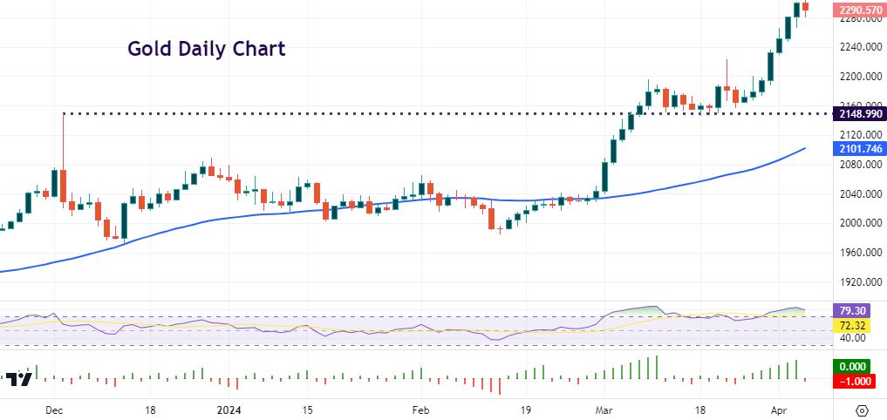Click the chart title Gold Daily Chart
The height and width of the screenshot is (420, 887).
(x=206, y=48)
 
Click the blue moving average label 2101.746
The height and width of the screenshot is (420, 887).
(x=860, y=149)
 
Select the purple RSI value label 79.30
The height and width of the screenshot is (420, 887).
(x=853, y=309)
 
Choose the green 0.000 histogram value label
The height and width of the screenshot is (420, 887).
(x=853, y=367)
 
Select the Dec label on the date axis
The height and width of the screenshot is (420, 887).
(x=54, y=410)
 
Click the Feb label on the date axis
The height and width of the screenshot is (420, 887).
(x=421, y=410)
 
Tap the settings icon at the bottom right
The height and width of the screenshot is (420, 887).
(x=862, y=410)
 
